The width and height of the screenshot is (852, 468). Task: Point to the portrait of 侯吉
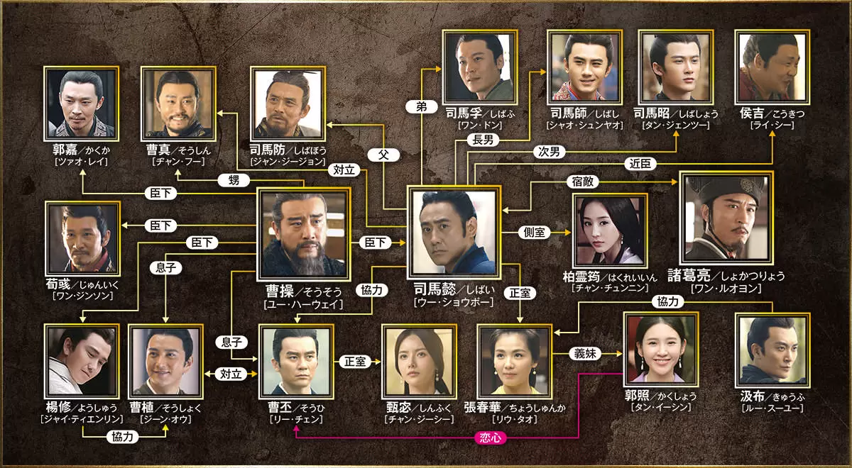[x=772, y=67]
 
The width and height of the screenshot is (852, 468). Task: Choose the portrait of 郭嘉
[x=81, y=104]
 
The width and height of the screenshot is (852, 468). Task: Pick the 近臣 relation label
[x=637, y=164]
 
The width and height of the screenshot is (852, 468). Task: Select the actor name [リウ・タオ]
[x=515, y=419]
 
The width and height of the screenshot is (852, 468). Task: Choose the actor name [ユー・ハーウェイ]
[x=304, y=303]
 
